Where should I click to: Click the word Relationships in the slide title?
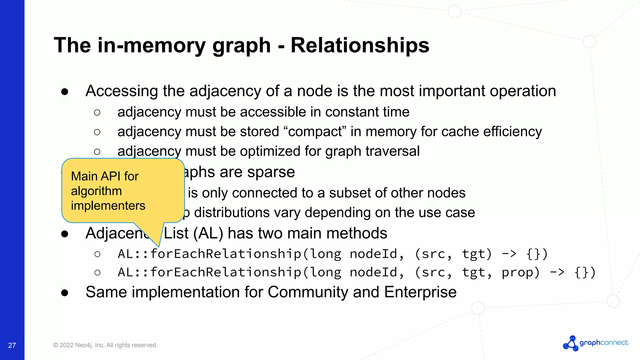[x=360, y=46]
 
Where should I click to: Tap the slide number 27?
[x=12, y=345]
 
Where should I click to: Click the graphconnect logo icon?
[x=571, y=343]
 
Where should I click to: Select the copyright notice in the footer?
[x=105, y=345]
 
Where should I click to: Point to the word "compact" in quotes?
[x=315, y=132]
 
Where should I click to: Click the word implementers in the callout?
[x=108, y=206]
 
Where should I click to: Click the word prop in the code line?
[x=520, y=272]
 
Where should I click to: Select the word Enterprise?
[x=420, y=292]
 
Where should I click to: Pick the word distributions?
[x=232, y=212]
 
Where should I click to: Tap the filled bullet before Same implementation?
[x=65, y=293]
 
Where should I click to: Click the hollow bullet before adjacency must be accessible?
[x=97, y=112]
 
